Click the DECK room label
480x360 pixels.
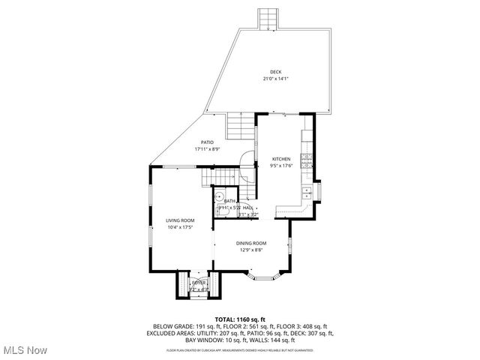[276, 72]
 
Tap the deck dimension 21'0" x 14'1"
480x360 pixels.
[276, 79]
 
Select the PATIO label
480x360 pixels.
[206, 142]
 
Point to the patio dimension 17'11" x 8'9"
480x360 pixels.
[206, 149]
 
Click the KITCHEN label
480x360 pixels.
[281, 159]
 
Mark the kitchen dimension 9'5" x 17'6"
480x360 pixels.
[281, 166]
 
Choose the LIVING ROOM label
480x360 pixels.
[180, 220]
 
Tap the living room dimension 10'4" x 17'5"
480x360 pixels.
[180, 226]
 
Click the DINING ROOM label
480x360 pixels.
[251, 243]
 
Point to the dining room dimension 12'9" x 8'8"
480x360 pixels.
[251, 250]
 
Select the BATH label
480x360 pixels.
[229, 201]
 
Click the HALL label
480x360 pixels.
[247, 208]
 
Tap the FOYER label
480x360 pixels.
[198, 283]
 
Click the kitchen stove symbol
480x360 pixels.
[306, 158]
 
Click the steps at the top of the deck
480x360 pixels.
[268, 19]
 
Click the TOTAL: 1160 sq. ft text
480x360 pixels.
[241, 319]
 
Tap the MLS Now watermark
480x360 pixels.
[25, 349]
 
